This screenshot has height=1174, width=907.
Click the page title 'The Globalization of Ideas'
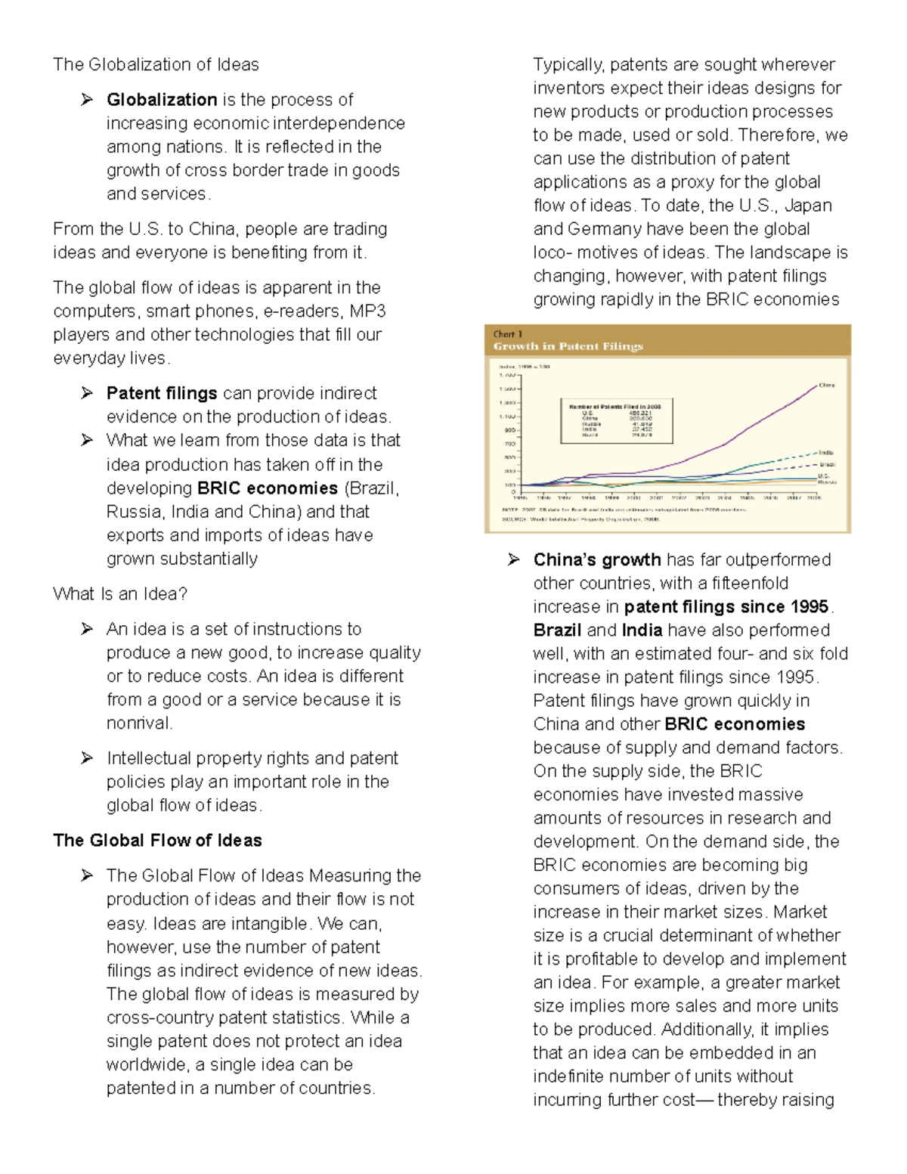[x=156, y=65]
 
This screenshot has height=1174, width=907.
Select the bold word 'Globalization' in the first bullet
[x=162, y=100]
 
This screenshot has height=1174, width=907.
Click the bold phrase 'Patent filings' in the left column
[x=162, y=394]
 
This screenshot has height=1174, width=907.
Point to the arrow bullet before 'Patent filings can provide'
[x=88, y=393]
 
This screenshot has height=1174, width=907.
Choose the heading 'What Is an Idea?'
[x=120, y=594]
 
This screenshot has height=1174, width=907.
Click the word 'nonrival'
[x=138, y=723]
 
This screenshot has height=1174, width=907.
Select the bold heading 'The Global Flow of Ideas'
[x=157, y=841]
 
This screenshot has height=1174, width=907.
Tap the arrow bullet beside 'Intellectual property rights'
[x=88, y=758]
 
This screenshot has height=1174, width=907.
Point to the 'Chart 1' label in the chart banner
[x=508, y=334]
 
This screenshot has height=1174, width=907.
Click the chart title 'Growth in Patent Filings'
[x=568, y=347]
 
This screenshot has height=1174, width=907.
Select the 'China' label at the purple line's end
[x=827, y=385]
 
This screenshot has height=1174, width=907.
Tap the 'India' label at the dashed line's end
[x=826, y=452]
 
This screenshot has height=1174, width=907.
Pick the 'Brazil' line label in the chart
[x=827, y=463]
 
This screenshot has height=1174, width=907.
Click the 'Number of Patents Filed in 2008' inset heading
[x=615, y=407]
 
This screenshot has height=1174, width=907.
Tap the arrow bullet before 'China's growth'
[x=514, y=559]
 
